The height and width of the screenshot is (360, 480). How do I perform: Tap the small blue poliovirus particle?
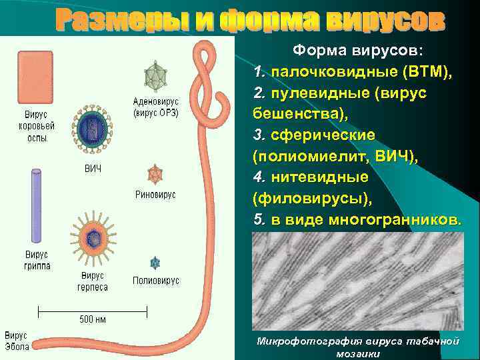pos(155,263)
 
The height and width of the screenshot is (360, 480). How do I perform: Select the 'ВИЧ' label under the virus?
pos(93,167)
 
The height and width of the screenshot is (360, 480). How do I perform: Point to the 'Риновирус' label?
pos(156,195)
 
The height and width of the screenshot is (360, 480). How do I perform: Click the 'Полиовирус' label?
pos(156,281)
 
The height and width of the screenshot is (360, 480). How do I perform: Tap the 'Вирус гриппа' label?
pos(37,260)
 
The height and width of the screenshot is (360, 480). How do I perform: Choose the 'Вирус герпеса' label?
pos(93,281)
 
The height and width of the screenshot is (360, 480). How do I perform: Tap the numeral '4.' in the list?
pos(259,178)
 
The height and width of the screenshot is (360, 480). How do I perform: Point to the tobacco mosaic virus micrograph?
pos(358,283)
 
